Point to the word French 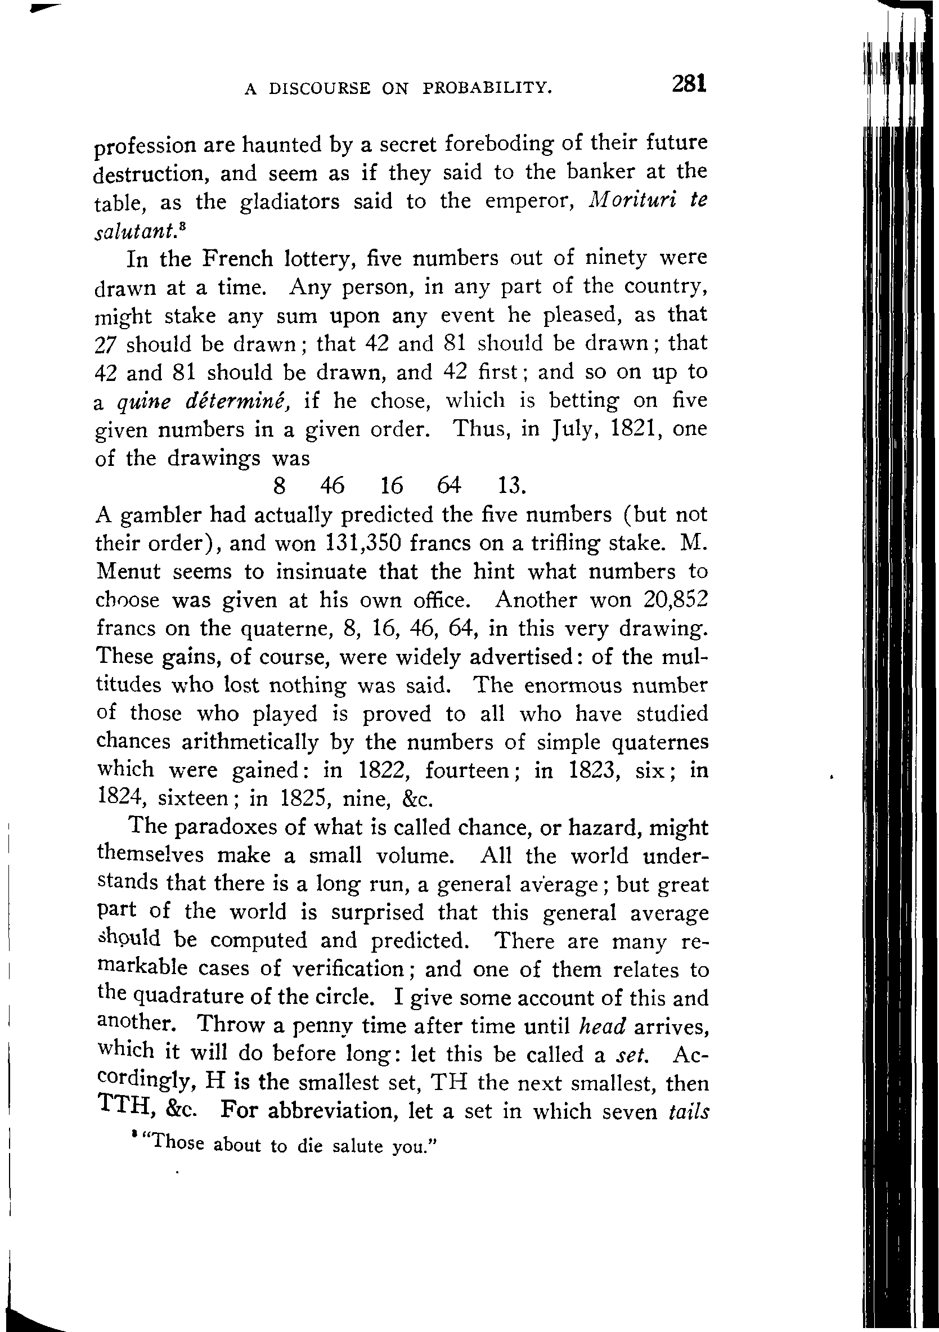pyautogui.click(x=237, y=258)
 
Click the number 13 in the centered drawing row pyautogui.click(x=511, y=486)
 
